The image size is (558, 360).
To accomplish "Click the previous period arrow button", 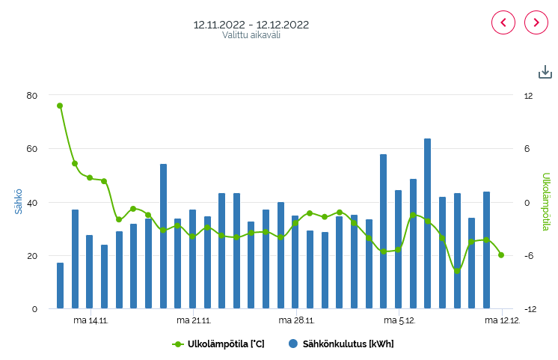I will [x=503, y=22].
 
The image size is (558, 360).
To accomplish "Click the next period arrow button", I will [x=536, y=22].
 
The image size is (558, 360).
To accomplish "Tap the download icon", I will [x=545, y=72].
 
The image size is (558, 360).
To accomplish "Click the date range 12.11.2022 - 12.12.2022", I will [x=251, y=24].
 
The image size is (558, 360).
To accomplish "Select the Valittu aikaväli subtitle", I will [x=251, y=35].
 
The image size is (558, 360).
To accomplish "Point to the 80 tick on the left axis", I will [x=31, y=95].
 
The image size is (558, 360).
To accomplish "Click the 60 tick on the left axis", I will [x=31, y=149].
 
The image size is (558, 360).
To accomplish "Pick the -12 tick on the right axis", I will [x=529, y=309].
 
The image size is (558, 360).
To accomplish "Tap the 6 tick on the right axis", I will [x=527, y=149].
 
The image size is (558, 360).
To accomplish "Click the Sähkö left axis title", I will [x=19, y=202].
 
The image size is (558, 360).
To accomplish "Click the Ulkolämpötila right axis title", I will [x=546, y=202].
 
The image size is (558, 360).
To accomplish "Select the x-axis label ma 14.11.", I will [x=91, y=320].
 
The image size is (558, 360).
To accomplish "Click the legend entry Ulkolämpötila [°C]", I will [x=218, y=344].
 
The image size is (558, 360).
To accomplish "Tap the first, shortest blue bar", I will [x=60, y=285].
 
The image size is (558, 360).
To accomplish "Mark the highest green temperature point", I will [x=60, y=106].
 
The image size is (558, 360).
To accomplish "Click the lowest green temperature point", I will [x=457, y=270].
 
